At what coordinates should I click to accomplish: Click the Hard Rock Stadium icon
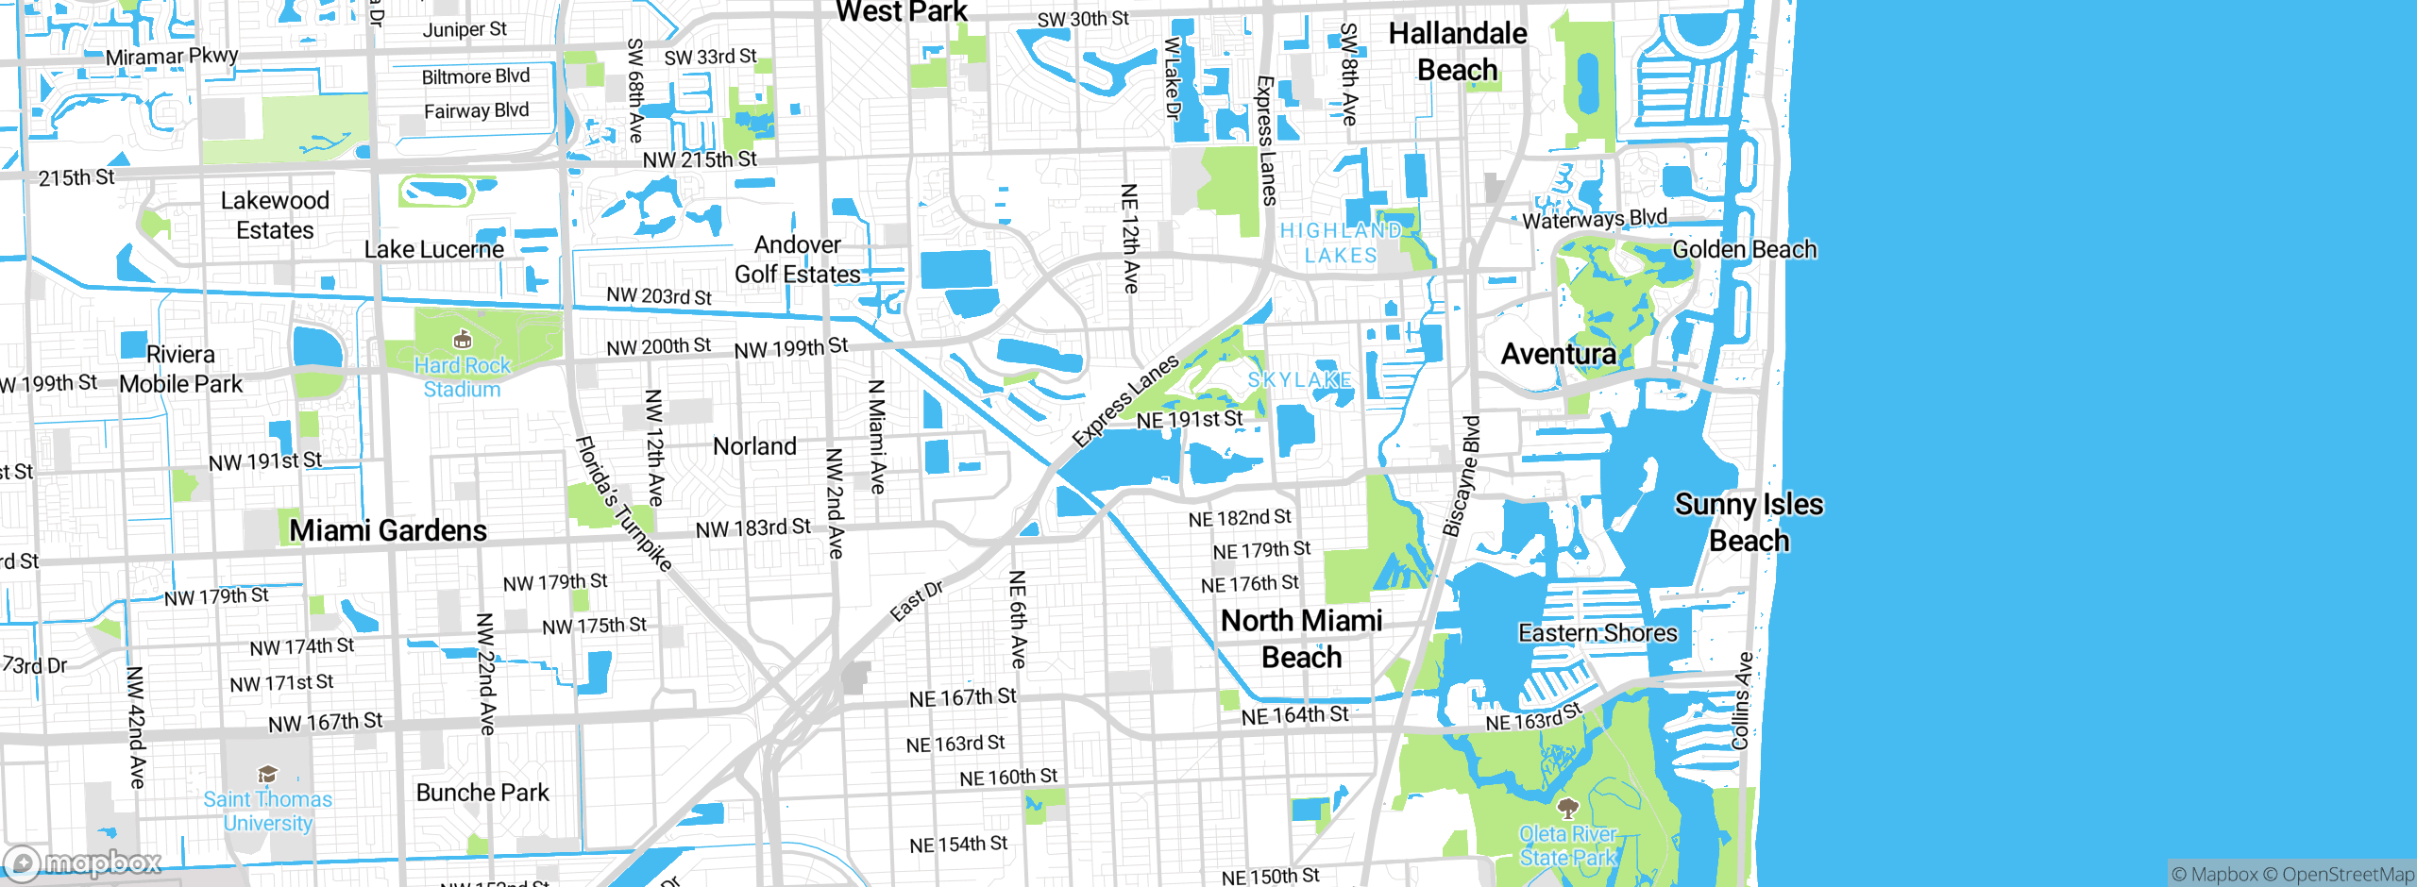coord(462,340)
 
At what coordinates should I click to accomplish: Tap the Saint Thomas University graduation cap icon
coord(268,775)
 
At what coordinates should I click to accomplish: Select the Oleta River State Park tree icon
coord(1567,808)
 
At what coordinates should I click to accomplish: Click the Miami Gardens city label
coord(388,530)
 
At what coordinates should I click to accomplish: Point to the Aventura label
coord(1559,354)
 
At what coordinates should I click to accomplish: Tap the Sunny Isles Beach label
coord(1749,523)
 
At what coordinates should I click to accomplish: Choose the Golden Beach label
coord(1744,250)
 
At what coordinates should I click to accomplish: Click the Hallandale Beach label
coord(1457,52)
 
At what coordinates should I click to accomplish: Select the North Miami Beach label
coord(1301,639)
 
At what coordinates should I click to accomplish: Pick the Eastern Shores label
coord(1597,633)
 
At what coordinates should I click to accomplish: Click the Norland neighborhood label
coord(754,446)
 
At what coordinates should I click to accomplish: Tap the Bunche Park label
coord(482,793)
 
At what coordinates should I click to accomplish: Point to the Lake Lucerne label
coord(434,250)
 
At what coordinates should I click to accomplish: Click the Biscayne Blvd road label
coord(1462,477)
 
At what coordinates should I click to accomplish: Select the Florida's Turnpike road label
coord(624,505)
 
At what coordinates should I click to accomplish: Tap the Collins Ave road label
coord(1742,701)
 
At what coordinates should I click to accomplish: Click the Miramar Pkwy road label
coord(172,57)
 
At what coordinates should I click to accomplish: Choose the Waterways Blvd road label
coord(1595,219)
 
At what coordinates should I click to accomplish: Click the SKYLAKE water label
coord(1299,380)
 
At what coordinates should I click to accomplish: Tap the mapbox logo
coord(83,862)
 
